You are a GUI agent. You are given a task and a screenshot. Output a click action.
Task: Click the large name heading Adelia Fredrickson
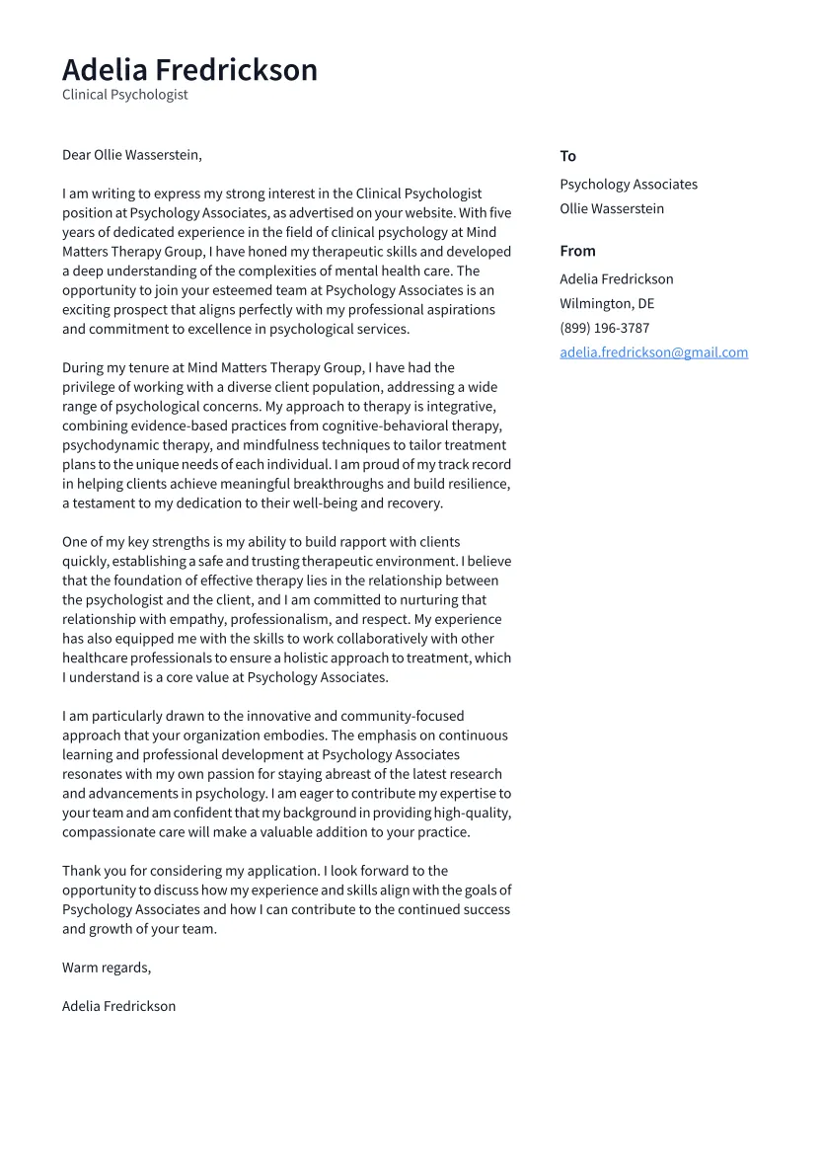(189, 70)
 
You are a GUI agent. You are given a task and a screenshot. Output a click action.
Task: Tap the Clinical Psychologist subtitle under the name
(124, 95)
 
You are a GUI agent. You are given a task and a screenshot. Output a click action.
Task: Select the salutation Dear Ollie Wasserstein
(131, 155)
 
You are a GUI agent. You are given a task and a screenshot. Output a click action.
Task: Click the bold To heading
(567, 156)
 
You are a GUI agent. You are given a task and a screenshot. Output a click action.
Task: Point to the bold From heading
(577, 251)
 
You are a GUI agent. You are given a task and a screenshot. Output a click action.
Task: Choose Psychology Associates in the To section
(628, 185)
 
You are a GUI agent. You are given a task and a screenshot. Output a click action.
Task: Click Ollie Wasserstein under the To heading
(611, 209)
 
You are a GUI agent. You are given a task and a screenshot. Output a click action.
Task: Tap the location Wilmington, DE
(606, 304)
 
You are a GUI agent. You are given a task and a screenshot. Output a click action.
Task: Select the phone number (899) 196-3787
(604, 328)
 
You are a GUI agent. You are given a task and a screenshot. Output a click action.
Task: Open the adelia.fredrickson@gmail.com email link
(653, 352)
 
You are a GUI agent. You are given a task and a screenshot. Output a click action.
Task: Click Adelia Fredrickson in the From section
(616, 279)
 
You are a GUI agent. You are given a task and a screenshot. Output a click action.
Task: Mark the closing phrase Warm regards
(107, 968)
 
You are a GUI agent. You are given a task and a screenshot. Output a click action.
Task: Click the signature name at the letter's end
(118, 1006)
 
